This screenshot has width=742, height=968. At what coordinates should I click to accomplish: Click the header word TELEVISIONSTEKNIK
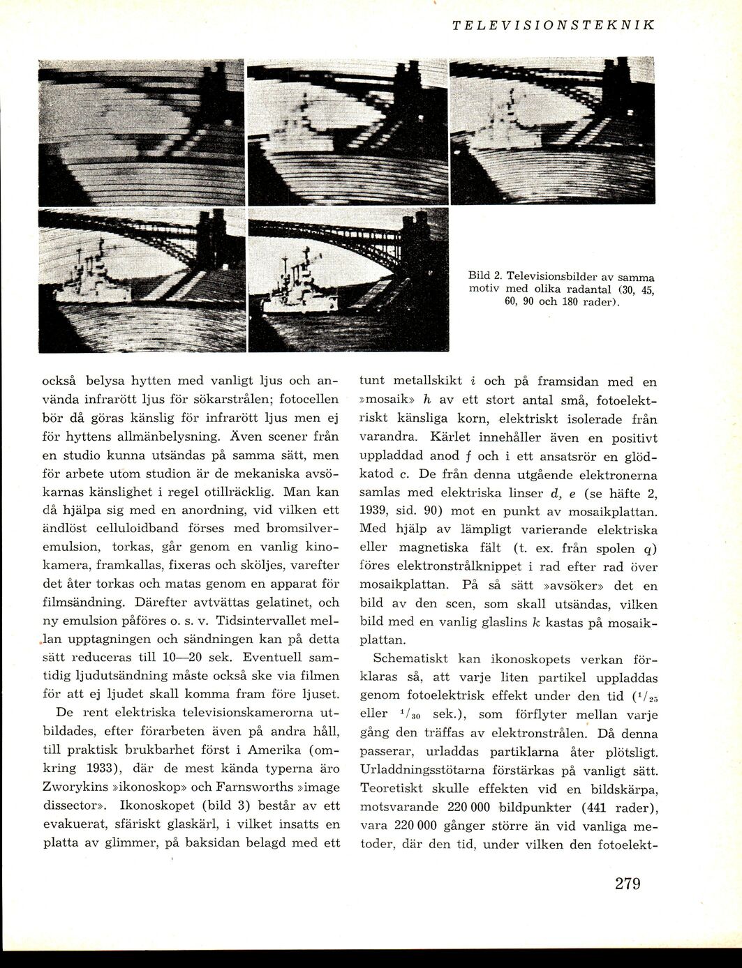[x=553, y=25]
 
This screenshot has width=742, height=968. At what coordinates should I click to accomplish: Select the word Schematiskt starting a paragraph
[x=410, y=658]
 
